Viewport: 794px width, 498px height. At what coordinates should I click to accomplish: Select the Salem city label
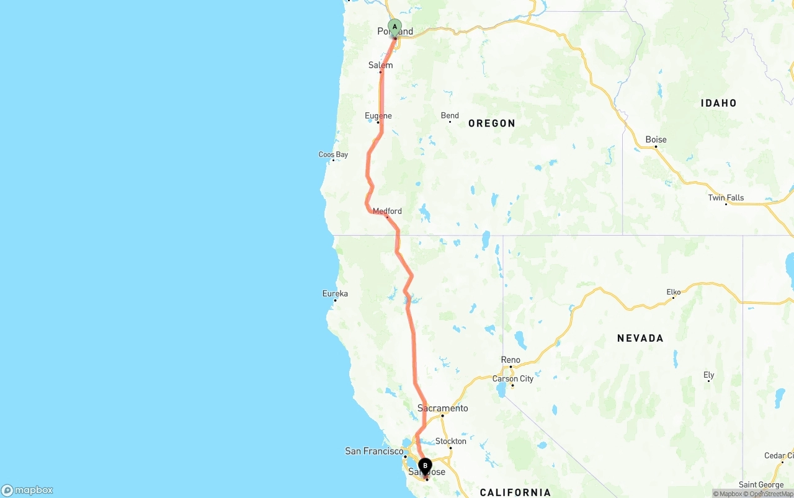point(380,65)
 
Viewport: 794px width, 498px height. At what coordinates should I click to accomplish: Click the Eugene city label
point(378,116)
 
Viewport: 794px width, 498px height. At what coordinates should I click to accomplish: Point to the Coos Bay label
point(333,154)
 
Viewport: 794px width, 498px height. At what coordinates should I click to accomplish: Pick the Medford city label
point(387,211)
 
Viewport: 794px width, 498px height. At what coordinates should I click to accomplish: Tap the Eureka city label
point(335,293)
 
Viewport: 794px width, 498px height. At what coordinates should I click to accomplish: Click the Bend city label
point(450,115)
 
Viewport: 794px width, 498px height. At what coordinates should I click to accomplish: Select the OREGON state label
point(492,123)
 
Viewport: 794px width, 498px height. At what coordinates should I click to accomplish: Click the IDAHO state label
point(718,103)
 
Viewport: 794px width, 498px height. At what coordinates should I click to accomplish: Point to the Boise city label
point(656,140)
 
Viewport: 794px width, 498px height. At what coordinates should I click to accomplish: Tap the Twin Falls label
point(726,198)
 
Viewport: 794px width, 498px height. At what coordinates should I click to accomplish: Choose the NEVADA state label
point(640,338)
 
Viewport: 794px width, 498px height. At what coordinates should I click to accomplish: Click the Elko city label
point(673,291)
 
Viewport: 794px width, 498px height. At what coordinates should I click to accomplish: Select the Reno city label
point(511,360)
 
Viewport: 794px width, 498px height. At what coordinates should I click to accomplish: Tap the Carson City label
point(512,378)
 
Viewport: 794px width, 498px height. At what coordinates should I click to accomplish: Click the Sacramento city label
point(442,408)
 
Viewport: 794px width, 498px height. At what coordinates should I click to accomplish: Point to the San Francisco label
point(374,451)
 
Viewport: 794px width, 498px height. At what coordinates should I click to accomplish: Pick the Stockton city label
point(450,441)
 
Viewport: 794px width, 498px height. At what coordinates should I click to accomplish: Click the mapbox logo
point(27,490)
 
